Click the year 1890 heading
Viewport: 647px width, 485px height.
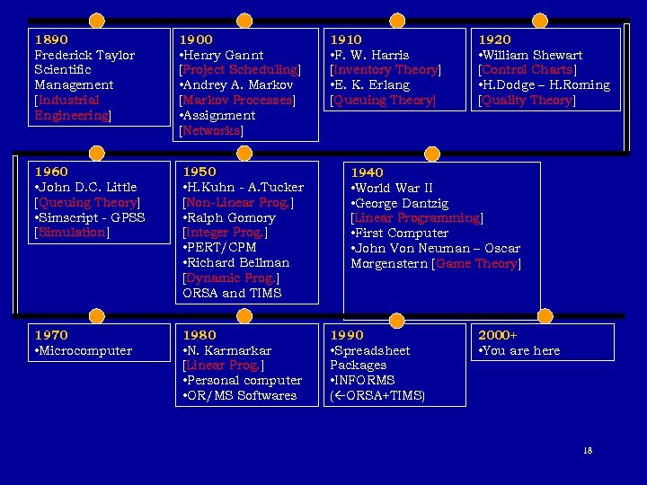point(50,40)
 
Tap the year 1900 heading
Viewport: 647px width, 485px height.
point(196,40)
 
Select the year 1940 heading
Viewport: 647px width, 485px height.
point(367,172)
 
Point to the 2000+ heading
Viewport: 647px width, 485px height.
point(497,335)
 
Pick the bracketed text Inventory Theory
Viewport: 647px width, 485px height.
point(386,70)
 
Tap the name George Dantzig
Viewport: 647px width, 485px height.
point(402,203)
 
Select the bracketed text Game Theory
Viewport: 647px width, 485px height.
point(476,264)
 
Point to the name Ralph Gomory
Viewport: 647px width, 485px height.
point(231,218)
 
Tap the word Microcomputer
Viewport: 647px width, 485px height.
point(84,350)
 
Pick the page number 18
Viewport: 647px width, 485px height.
point(587,450)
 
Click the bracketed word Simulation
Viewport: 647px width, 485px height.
point(71,233)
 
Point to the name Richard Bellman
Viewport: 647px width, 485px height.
point(238,263)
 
